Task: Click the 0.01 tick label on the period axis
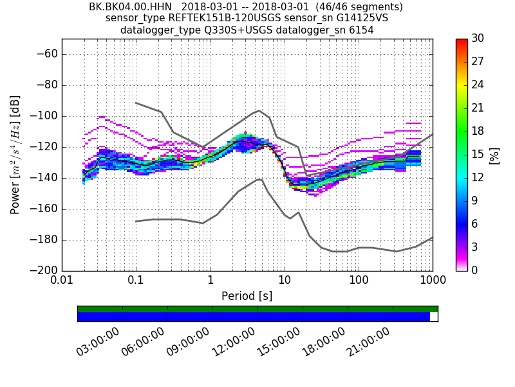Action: pyautogui.click(x=62, y=282)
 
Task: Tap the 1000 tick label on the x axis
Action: pyautogui.click(x=432, y=282)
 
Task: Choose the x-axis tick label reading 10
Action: pyautogui.click(x=284, y=282)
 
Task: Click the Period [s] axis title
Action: pyautogui.click(x=247, y=296)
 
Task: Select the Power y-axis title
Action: pyautogui.click(x=15, y=155)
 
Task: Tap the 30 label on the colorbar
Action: pyautogui.click(x=478, y=39)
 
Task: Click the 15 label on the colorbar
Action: pyautogui.click(x=478, y=155)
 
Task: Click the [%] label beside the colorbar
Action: pyautogui.click(x=494, y=155)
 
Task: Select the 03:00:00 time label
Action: pyautogui.click(x=98, y=342)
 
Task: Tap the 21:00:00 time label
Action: pyautogui.click(x=368, y=342)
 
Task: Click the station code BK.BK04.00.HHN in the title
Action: pyautogui.click(x=130, y=7)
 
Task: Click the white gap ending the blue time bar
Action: pyautogui.click(x=433, y=317)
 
